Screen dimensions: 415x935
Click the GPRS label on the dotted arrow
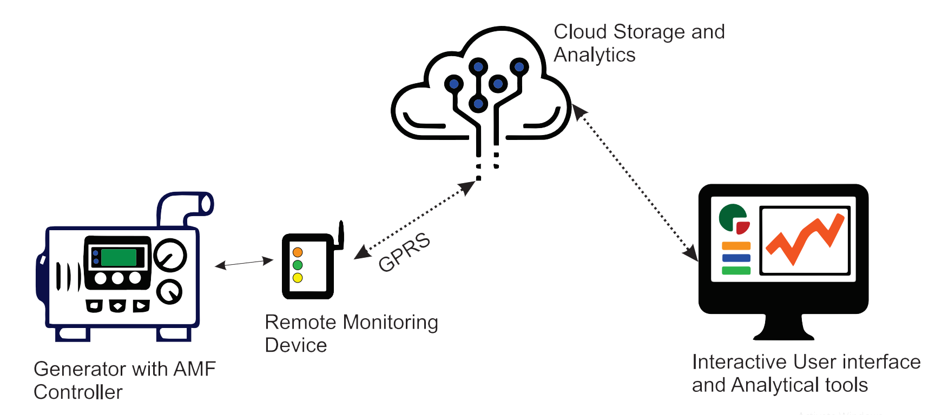(x=404, y=252)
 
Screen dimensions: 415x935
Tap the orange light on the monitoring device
(x=298, y=252)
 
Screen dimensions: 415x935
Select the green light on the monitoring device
(x=298, y=265)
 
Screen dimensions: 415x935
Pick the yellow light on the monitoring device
(x=298, y=278)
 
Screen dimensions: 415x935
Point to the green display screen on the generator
(x=119, y=257)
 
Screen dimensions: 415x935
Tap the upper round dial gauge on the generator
(x=170, y=255)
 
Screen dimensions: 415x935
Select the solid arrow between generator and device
(x=244, y=263)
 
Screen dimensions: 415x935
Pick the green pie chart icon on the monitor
(x=731, y=217)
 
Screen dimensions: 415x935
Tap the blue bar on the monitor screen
(x=736, y=258)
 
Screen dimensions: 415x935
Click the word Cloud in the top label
(x=580, y=32)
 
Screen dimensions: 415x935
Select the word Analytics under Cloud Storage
(x=595, y=55)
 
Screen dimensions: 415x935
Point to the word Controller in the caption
(x=78, y=392)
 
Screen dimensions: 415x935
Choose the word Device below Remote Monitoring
(x=296, y=345)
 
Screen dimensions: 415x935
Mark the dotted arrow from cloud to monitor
(x=635, y=182)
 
